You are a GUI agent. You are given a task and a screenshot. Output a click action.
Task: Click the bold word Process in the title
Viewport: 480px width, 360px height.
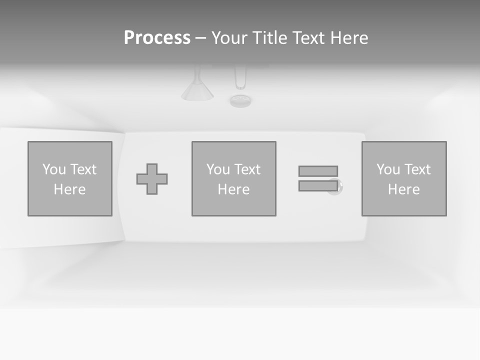pos(157,38)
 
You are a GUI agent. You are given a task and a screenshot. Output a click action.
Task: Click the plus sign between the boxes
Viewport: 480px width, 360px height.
pos(152,179)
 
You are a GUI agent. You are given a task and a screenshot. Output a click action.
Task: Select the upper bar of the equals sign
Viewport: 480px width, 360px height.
pos(318,171)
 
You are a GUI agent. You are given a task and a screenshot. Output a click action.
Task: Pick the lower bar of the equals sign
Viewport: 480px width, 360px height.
pos(318,185)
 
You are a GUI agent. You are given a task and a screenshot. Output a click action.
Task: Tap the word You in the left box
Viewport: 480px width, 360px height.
pos(54,169)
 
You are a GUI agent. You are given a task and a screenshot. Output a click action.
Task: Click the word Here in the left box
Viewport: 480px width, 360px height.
pos(70,189)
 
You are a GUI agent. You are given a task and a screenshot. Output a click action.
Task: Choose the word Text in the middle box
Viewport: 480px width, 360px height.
pos(247,169)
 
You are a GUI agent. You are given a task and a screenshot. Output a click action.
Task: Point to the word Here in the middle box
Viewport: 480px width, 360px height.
pos(234,189)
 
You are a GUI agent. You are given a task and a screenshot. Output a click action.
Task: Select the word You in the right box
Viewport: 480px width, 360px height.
pos(388,169)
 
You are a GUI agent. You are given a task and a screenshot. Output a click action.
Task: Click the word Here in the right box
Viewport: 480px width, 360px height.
pos(404,189)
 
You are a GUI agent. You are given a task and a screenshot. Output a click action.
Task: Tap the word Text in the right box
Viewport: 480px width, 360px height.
pos(417,169)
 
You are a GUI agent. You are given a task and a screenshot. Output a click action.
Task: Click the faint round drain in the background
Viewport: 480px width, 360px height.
pos(240,100)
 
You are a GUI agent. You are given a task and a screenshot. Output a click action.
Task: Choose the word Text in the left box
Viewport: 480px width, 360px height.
pos(83,169)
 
